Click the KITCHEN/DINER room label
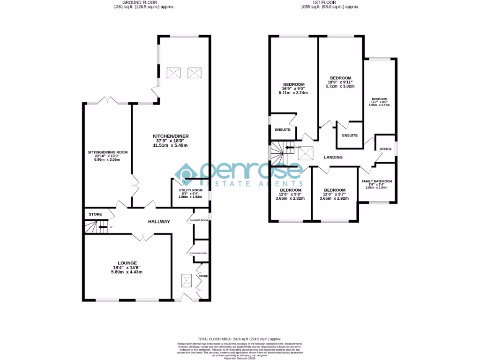tap(170, 136)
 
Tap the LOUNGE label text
tap(127, 262)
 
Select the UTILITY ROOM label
tap(190, 190)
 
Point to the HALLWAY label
tap(159, 222)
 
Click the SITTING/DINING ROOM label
tap(107, 152)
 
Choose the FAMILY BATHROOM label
tap(376, 181)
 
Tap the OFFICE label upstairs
tap(385, 149)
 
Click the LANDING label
tap(333, 157)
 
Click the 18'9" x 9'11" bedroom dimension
tap(341, 82)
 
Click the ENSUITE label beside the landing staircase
tap(283, 129)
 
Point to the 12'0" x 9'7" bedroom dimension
tap(335, 195)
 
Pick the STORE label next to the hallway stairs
tap(96, 214)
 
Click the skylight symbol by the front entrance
tap(186, 281)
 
